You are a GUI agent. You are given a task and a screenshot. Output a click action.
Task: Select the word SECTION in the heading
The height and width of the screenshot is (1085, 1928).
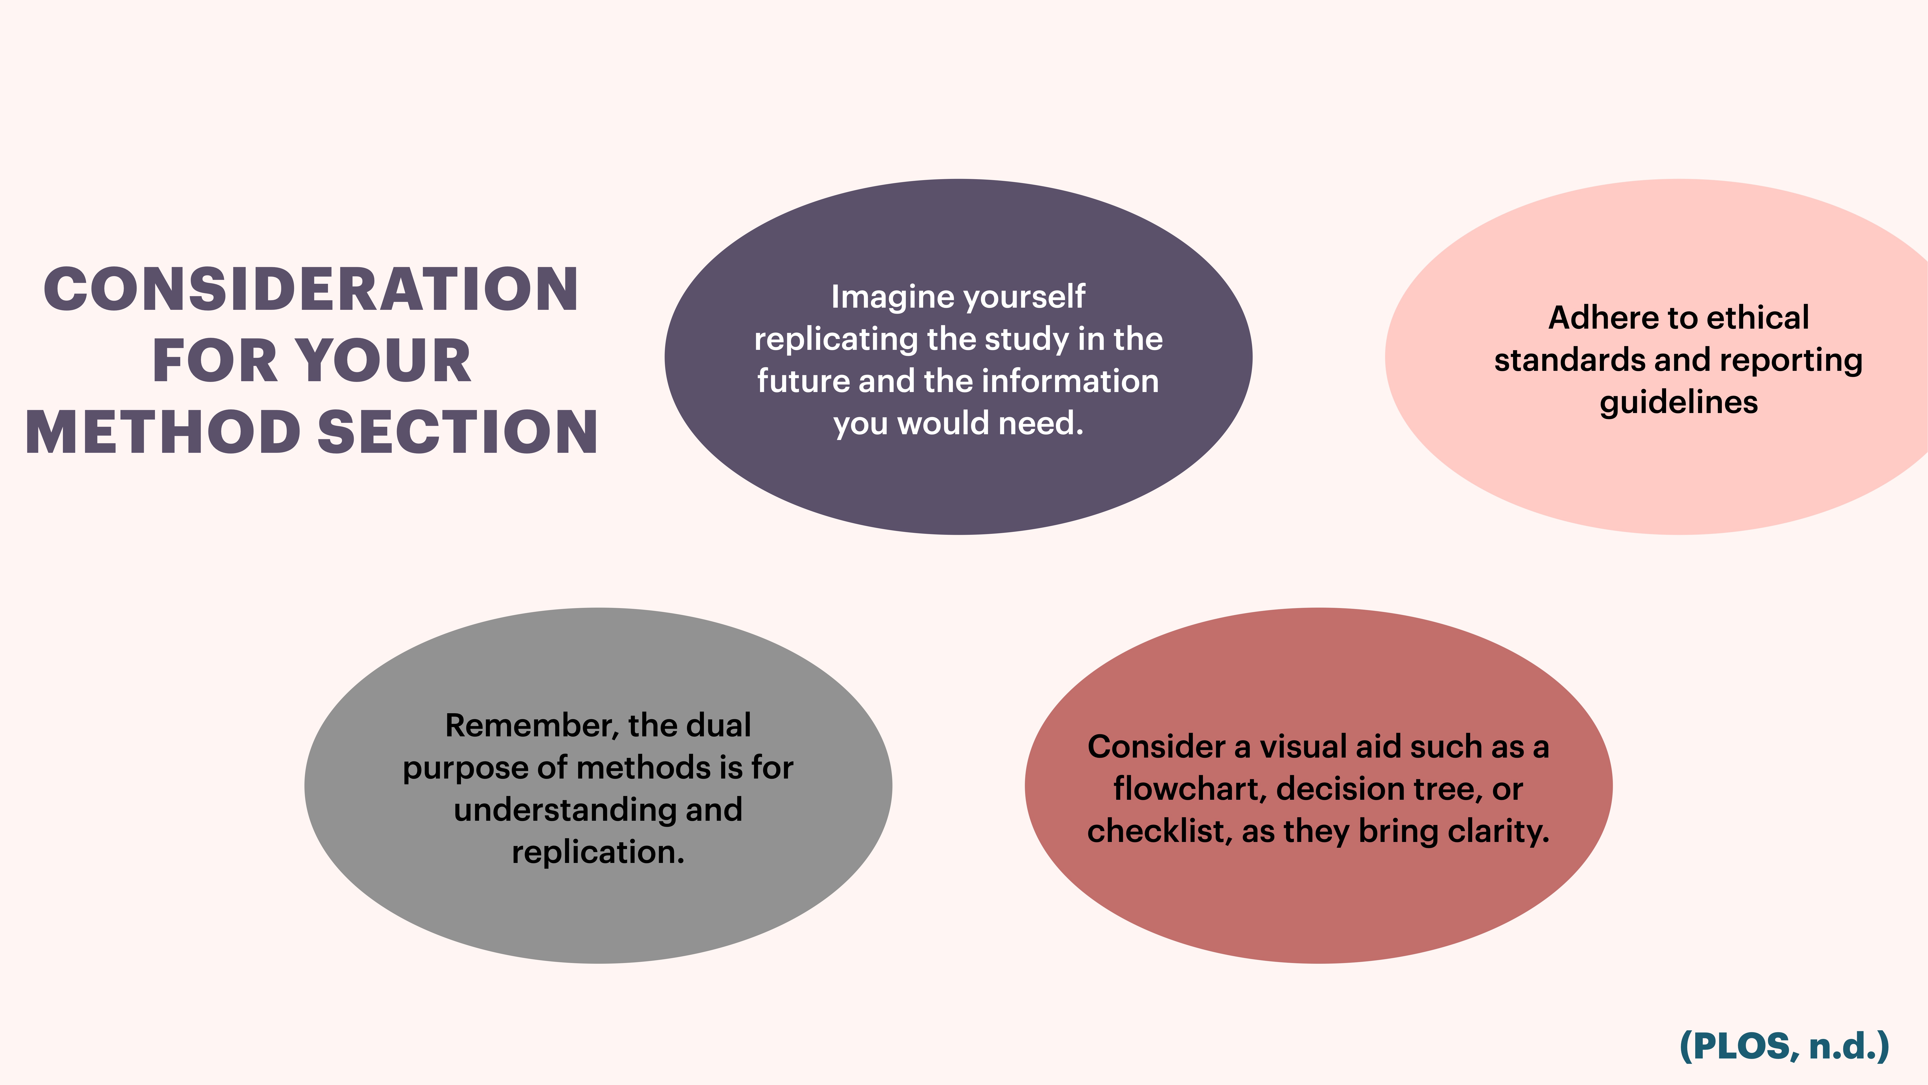(x=458, y=433)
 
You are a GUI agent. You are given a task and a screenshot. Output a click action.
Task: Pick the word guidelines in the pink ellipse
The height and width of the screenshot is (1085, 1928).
(x=1679, y=403)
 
